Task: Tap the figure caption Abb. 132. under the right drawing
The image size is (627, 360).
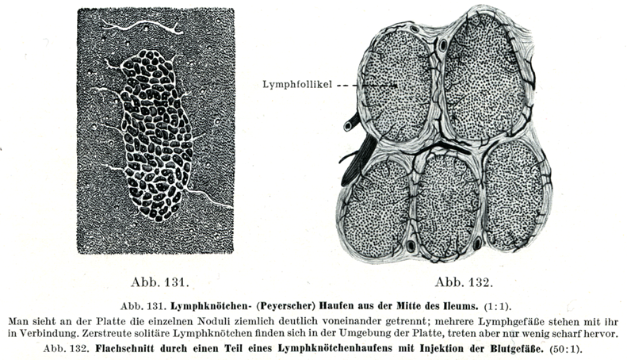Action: tap(465, 281)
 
